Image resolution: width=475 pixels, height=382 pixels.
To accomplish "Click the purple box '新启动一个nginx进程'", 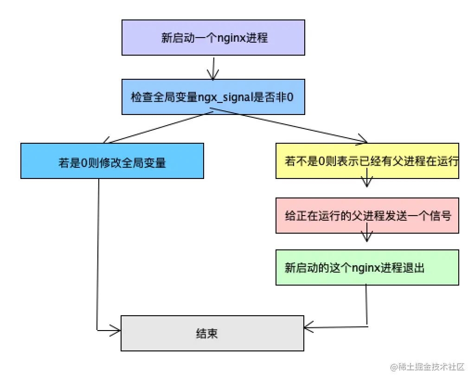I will click(213, 38).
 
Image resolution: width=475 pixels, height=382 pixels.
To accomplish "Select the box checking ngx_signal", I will click(213, 96).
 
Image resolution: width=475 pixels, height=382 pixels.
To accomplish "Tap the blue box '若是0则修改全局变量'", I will click(112, 160).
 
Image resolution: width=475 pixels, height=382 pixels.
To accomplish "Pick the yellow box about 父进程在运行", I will click(367, 160).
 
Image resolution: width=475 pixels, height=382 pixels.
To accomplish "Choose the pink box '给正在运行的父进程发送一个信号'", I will click(367, 216).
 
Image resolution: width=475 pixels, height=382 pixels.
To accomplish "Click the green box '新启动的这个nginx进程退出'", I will click(367, 267).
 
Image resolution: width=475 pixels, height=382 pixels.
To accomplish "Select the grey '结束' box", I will click(212, 333).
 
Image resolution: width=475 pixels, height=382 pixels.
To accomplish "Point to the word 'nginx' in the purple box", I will click(231, 38).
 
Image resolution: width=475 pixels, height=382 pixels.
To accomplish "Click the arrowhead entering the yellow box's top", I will click(363, 140).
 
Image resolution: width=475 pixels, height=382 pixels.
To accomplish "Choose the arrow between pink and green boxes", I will click(367, 235).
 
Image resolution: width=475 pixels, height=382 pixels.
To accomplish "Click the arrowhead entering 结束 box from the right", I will click(309, 326).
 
